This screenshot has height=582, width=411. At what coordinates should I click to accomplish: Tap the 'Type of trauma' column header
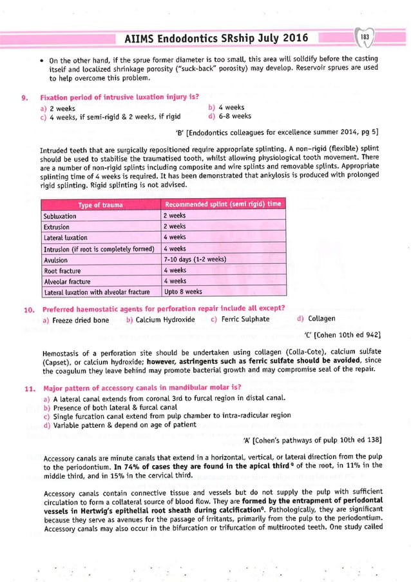pyautogui.click(x=102, y=205)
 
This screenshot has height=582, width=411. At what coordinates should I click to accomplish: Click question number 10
pyautogui.click(x=28, y=308)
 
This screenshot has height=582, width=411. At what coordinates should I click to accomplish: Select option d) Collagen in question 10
pyautogui.click(x=316, y=319)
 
